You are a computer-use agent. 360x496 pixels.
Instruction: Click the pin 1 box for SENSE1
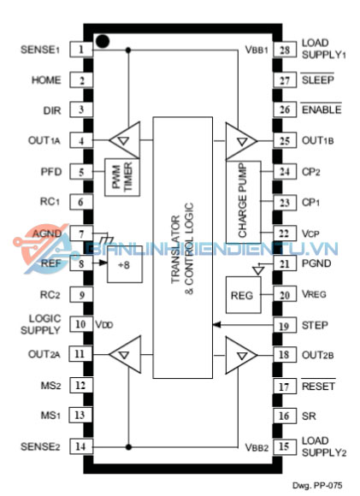tap(81, 50)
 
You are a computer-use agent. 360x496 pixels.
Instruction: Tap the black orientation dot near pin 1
tap(103, 41)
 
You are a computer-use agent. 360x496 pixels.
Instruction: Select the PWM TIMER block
tap(122, 178)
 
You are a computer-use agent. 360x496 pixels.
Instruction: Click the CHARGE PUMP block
tap(243, 202)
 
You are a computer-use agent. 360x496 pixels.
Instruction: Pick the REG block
tap(243, 295)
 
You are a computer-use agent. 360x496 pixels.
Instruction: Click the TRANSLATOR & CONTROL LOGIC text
tap(182, 250)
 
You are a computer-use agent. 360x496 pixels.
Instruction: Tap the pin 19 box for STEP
tap(285, 326)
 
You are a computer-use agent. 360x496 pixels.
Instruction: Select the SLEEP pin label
tap(317, 80)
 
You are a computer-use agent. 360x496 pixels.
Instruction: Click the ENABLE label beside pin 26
tap(322, 109)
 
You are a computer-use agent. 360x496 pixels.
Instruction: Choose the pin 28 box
tap(285, 50)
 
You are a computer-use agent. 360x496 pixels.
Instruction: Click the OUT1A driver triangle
tap(124, 139)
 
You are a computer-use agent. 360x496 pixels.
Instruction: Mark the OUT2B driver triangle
tap(241, 355)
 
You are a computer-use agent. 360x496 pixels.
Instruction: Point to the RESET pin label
tap(318, 386)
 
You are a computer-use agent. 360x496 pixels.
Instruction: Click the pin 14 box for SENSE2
tap(81, 446)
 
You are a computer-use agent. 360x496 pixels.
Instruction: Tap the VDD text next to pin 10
tap(104, 325)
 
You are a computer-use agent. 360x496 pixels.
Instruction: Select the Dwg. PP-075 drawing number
tap(317, 486)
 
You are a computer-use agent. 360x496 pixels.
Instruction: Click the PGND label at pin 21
tap(316, 263)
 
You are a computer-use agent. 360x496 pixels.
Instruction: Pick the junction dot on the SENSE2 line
tap(128, 447)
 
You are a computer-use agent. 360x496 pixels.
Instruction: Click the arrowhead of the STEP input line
tap(216, 325)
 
